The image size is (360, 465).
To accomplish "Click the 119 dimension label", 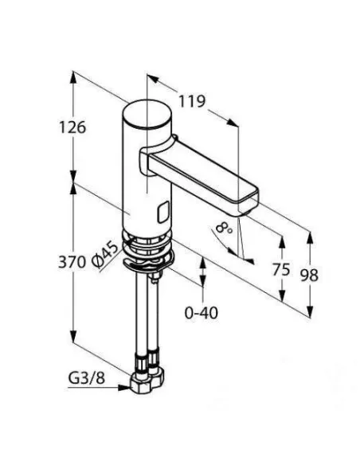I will (x=193, y=101).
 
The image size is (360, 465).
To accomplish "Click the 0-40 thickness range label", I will (x=202, y=314).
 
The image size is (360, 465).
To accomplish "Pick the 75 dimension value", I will (x=280, y=270).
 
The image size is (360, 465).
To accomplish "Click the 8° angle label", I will (x=223, y=229).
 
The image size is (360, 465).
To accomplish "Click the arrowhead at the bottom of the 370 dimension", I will (x=73, y=337).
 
